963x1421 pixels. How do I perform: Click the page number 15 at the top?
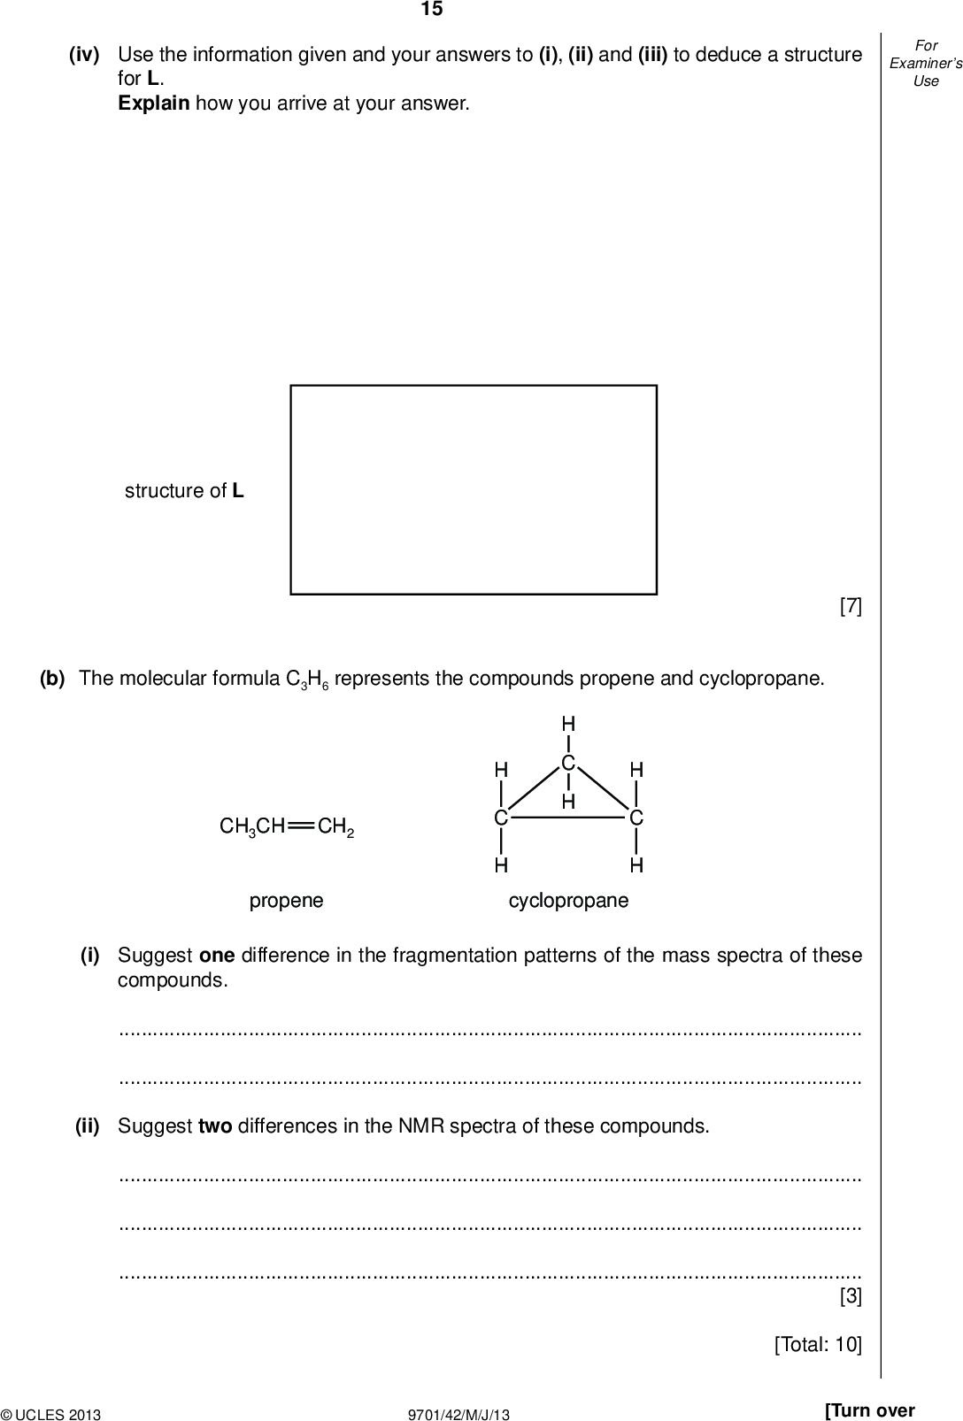431,10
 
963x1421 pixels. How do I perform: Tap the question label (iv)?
84,55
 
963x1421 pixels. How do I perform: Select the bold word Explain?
153,104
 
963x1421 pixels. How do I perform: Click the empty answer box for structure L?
474,489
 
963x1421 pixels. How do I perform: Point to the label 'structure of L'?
184,491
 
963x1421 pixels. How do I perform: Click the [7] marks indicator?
850,606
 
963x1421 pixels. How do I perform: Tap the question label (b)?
52,679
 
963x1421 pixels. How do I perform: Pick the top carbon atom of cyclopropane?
568,763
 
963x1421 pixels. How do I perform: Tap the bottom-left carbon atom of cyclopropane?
501,818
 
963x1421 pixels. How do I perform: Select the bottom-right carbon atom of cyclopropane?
636,818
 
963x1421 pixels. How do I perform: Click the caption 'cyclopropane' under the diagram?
568,901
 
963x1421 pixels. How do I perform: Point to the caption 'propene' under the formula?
287,901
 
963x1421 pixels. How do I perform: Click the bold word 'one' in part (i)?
216,956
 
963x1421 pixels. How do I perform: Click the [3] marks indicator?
850,1297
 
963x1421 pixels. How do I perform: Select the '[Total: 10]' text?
817,1345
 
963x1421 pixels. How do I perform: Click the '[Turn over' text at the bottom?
869,1410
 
